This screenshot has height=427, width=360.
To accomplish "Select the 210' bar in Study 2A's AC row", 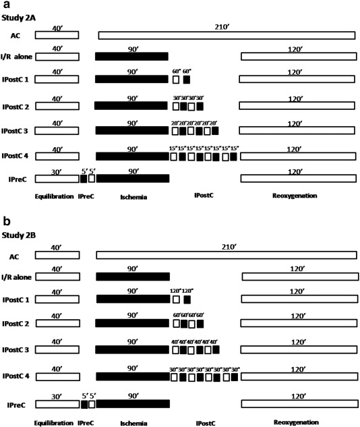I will (x=227, y=35).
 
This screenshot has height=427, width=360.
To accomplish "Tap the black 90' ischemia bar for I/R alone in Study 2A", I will (x=131, y=57).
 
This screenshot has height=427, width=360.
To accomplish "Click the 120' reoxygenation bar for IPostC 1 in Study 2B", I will (x=297, y=298).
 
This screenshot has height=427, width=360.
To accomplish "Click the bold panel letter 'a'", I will (x=6, y=5).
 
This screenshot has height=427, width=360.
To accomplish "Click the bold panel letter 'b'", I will (x=6, y=221).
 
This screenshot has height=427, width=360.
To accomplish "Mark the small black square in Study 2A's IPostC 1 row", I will (x=187, y=80).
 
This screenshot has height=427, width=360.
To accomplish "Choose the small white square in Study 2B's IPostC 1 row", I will (x=177, y=299).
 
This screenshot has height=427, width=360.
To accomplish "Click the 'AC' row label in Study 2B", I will (x=13, y=256).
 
